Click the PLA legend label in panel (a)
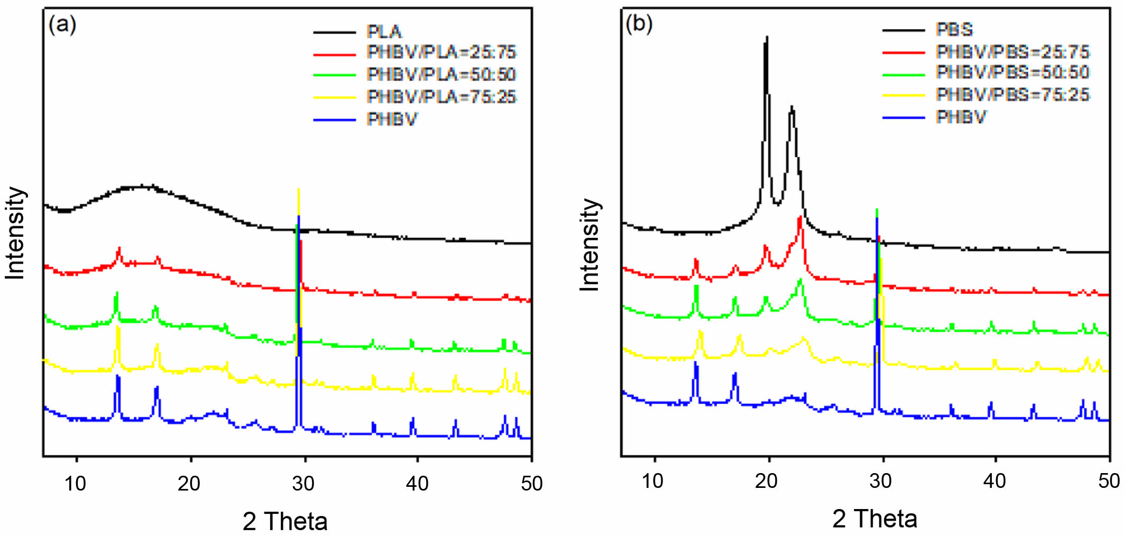click(x=384, y=32)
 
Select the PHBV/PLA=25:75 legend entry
click(x=441, y=52)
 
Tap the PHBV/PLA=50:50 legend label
click(x=441, y=75)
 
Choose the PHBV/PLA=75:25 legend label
click(x=441, y=97)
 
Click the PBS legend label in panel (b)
click(x=954, y=30)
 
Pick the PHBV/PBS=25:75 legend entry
click(x=1012, y=52)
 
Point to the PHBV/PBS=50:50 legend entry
click(x=1012, y=72)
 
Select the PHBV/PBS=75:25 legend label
click(x=1012, y=95)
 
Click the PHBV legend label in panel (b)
click(x=961, y=117)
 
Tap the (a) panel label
click(x=62, y=24)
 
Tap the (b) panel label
click(x=639, y=23)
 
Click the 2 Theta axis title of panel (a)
click(x=285, y=521)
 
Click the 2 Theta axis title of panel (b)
click(x=874, y=519)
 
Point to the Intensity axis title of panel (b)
click(x=590, y=245)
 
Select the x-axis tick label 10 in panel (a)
click(x=75, y=483)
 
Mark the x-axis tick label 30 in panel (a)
click(x=303, y=483)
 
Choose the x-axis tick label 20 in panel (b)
click(x=767, y=481)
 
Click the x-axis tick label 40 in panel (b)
click(x=994, y=481)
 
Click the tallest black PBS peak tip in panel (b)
click(x=767, y=37)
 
